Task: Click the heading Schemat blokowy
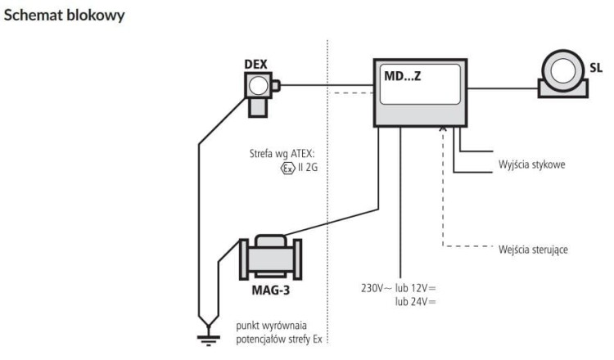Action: [64, 16]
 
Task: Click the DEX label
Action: [255, 64]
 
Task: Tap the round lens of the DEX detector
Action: [259, 86]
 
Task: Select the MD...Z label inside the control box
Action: [403, 76]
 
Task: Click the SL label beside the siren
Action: [596, 68]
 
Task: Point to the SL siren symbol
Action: [563, 74]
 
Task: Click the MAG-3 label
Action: [271, 290]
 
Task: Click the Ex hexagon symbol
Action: [288, 169]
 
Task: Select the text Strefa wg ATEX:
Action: [282, 153]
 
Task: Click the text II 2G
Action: [308, 168]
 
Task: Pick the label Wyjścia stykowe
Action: [532, 164]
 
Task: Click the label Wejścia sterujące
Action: [533, 250]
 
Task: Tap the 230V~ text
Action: [377, 288]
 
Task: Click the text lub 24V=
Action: [415, 302]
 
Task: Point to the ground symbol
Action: [208, 338]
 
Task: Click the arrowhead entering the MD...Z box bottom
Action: [443, 128]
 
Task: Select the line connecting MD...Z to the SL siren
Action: [503, 88]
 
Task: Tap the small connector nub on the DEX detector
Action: [276, 86]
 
